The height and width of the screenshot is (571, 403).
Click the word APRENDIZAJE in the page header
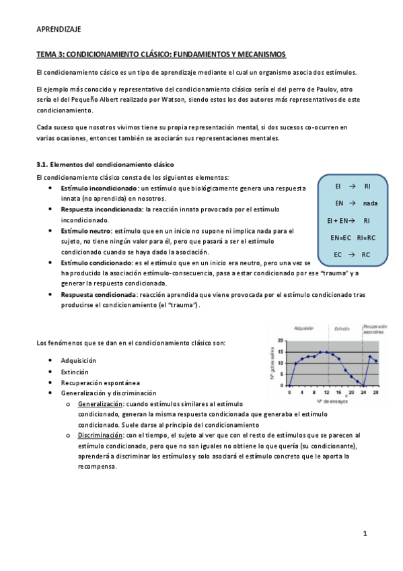58,30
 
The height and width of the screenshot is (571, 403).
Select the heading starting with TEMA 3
161,54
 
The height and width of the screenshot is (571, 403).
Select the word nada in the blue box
369,203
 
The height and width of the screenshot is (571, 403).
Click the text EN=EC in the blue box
342,238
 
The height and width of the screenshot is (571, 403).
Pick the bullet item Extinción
74,371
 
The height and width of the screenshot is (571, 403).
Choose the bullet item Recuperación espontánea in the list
96,382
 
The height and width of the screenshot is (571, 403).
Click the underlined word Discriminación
100,435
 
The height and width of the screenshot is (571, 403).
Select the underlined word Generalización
100,403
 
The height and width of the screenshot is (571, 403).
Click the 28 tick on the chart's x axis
375,393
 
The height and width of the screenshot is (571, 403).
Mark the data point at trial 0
289,386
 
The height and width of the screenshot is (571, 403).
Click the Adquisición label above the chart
304,329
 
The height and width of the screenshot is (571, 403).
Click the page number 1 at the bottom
365,534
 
